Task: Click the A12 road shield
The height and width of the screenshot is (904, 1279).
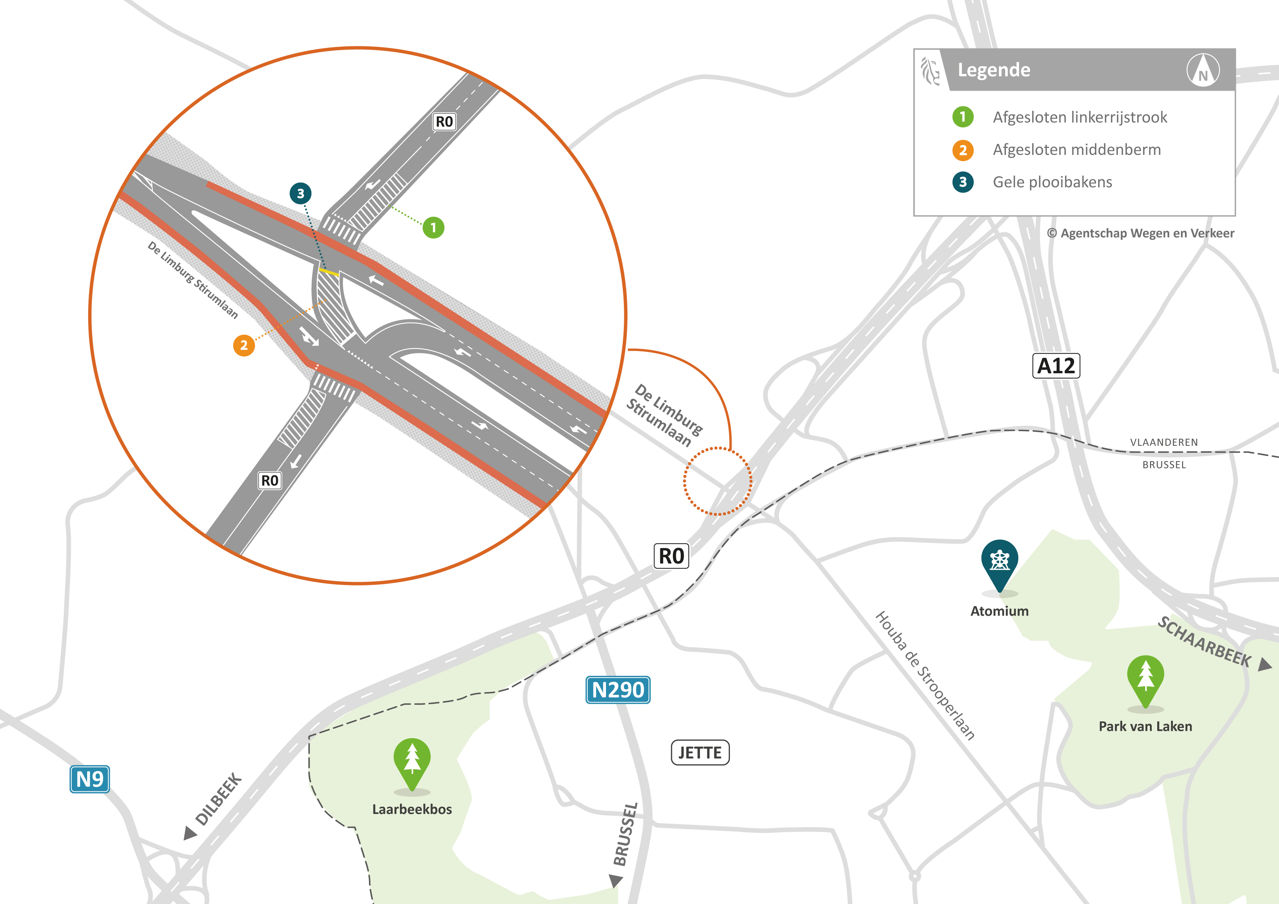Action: pyautogui.click(x=1056, y=366)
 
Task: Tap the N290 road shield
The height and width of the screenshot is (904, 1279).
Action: pyautogui.click(x=618, y=690)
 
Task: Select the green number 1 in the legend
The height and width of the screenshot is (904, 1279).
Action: pyautogui.click(x=963, y=117)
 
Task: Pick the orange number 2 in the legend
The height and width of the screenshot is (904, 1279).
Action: pyautogui.click(x=963, y=150)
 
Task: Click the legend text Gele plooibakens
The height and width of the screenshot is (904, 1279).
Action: pyautogui.click(x=1052, y=182)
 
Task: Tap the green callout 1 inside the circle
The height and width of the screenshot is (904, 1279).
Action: pyautogui.click(x=434, y=227)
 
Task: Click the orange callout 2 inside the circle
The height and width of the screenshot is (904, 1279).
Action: pyautogui.click(x=244, y=345)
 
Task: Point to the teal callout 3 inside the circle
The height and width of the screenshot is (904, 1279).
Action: pyautogui.click(x=300, y=193)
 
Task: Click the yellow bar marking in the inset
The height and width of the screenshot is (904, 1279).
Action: pyautogui.click(x=329, y=272)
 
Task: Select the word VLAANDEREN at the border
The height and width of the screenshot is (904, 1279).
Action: pyautogui.click(x=1164, y=442)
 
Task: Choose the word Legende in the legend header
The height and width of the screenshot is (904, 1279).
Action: pyautogui.click(x=994, y=70)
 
